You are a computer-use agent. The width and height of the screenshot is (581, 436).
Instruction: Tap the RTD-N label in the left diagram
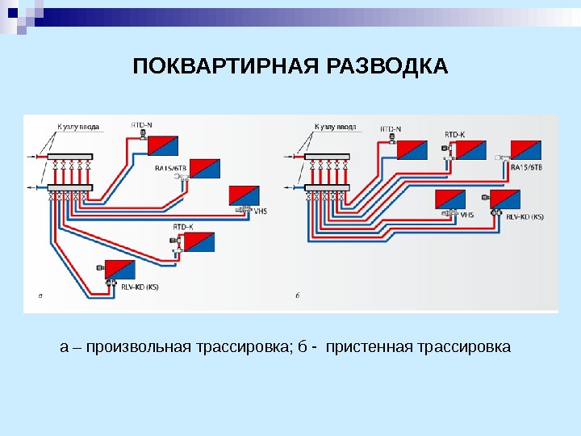pos(141,124)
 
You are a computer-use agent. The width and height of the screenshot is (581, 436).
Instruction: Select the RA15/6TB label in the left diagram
pos(170,168)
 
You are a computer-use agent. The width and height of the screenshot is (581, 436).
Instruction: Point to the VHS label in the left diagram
pos(260,211)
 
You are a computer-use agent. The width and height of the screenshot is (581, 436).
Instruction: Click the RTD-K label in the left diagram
pos(183,228)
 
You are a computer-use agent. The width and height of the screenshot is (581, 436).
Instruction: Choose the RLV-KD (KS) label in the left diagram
pos(138,287)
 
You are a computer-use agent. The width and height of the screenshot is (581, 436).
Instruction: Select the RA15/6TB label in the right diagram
pos(527,167)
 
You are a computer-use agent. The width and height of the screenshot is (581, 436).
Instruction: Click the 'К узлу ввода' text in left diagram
pos(77,126)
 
